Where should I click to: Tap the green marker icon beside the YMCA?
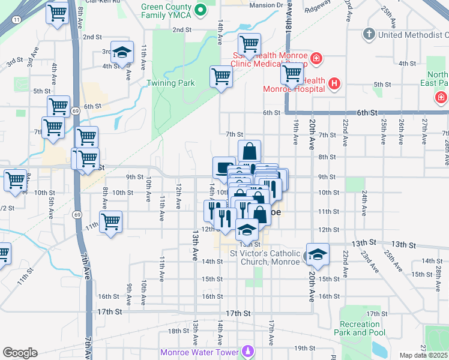pyautogui.click(x=202, y=9)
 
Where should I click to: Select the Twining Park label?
pyautogui.click(x=171, y=83)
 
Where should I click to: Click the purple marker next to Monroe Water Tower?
pyautogui.click(x=247, y=350)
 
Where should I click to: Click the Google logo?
pyautogui.click(x=20, y=352)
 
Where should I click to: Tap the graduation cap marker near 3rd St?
pyautogui.click(x=121, y=53)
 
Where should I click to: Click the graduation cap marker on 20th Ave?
pyautogui.click(x=318, y=253)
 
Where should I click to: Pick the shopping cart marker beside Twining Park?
pyautogui.click(x=221, y=76)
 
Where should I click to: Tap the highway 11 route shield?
pyautogui.click(x=17, y=20)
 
